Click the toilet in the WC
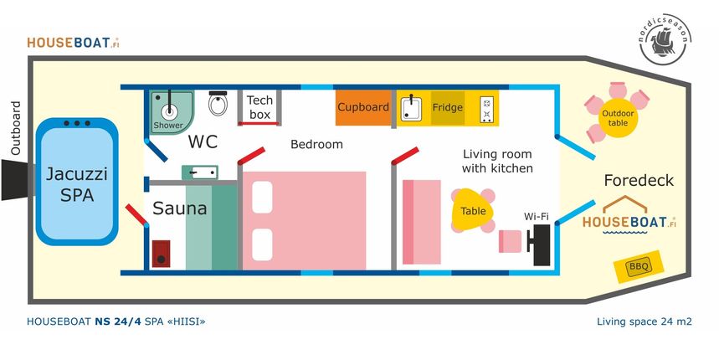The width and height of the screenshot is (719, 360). click(x=218, y=103)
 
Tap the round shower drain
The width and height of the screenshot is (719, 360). click(x=169, y=110)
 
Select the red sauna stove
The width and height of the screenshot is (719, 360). click(x=161, y=254)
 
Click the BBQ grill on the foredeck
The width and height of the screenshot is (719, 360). click(x=639, y=266)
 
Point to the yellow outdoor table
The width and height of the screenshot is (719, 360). click(x=617, y=118)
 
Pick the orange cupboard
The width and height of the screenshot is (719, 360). click(x=363, y=107)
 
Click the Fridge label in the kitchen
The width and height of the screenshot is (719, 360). click(x=447, y=108)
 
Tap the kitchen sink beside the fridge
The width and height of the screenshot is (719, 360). click(x=411, y=108)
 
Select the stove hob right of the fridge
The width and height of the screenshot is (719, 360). click(x=486, y=109)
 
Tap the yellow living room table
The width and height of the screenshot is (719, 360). click(x=472, y=210)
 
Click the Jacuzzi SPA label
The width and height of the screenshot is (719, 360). click(x=77, y=185)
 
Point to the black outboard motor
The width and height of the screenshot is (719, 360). click(x=18, y=180)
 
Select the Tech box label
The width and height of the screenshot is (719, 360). click(x=259, y=107)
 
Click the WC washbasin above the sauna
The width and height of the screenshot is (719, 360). click(x=200, y=172)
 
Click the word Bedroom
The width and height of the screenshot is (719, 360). click(x=317, y=145)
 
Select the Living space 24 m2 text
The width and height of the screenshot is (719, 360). click(x=645, y=321)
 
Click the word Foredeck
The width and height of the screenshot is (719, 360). click(x=639, y=180)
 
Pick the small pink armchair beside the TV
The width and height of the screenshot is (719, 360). click(x=511, y=241)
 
